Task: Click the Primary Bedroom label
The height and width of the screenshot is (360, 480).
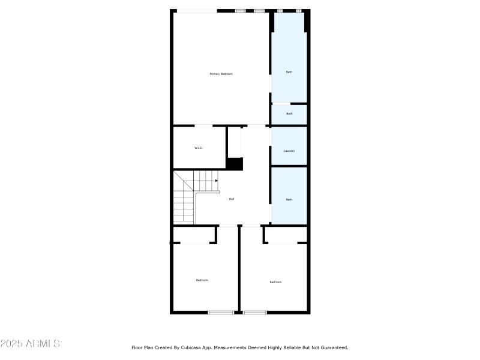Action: [x=221, y=74]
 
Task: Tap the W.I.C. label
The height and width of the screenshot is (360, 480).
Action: [x=199, y=148]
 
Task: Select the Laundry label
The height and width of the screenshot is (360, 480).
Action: [x=289, y=151]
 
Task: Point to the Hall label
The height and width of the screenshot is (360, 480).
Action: [x=232, y=199]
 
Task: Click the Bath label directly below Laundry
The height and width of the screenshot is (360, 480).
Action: [x=289, y=199]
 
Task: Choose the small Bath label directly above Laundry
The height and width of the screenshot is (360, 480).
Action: [x=289, y=113]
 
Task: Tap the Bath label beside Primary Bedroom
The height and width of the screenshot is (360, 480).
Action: [x=289, y=72]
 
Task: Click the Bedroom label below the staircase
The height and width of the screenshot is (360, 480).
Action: [x=202, y=280]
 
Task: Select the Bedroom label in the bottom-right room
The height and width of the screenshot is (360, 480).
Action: [x=275, y=282]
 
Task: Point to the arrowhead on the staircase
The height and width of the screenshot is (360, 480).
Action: [x=216, y=181]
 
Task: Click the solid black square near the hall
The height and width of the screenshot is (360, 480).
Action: [x=235, y=164]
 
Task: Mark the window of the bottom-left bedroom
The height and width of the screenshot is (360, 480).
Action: [x=221, y=312]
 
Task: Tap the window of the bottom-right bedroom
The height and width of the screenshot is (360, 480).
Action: [x=254, y=312]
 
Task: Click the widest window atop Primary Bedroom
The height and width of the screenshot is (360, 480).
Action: [x=196, y=10]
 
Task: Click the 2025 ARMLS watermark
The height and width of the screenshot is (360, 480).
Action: [x=30, y=344]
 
